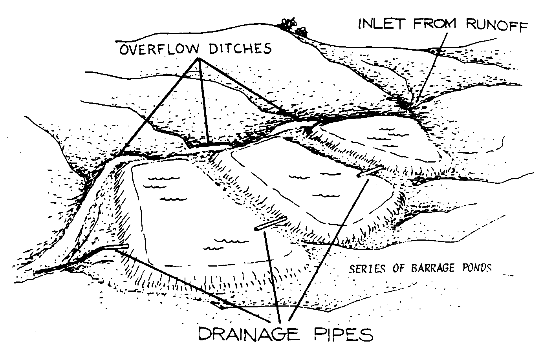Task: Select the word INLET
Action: (381, 24)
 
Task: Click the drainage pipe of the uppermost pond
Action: (369, 172)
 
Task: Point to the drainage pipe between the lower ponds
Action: (270, 224)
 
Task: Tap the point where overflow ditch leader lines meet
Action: (199, 59)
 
